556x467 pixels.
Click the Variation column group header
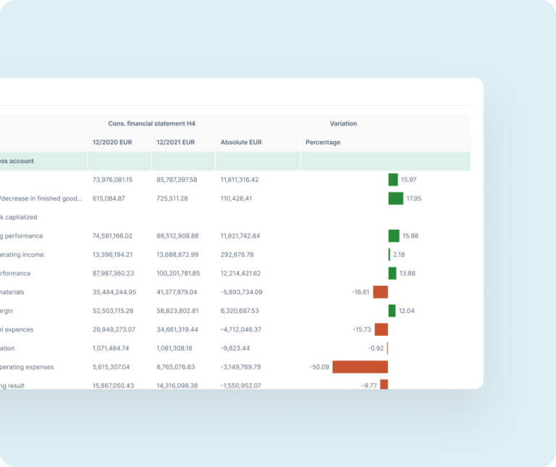(x=343, y=124)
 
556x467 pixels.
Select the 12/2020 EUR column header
(x=113, y=143)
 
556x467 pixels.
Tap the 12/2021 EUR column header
(x=176, y=143)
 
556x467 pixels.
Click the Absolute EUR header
(x=241, y=143)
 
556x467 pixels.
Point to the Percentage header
(x=323, y=143)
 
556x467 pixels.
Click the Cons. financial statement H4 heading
(x=151, y=124)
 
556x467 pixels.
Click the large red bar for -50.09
(x=360, y=367)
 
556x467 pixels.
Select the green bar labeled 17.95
(x=395, y=198)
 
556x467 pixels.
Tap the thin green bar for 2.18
(x=389, y=255)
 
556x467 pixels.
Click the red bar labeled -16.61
(x=380, y=292)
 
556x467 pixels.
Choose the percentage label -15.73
(x=362, y=330)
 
